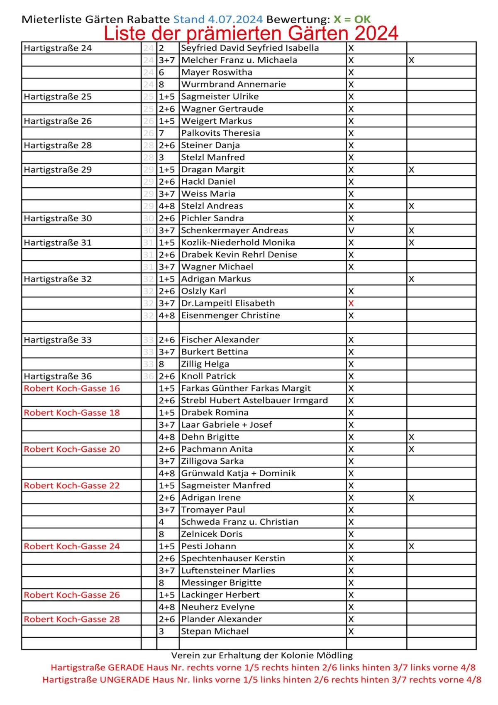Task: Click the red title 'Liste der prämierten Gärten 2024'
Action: (x=251, y=33)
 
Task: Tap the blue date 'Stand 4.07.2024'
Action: (x=218, y=19)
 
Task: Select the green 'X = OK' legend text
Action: (x=352, y=19)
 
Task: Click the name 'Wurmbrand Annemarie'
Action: (x=233, y=84)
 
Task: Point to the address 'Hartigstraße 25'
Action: (x=58, y=96)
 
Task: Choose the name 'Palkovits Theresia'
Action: (x=220, y=133)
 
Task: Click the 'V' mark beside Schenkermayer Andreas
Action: (x=351, y=230)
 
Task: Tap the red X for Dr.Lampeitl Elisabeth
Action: (x=351, y=303)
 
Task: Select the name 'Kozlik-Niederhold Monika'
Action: (x=238, y=242)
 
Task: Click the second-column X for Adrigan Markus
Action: (x=411, y=279)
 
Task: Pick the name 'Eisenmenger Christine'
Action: (x=230, y=315)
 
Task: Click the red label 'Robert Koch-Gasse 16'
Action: (x=72, y=388)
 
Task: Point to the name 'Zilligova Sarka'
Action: (x=212, y=461)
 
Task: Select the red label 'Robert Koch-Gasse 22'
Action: (x=72, y=485)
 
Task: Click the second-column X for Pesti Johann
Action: (x=411, y=546)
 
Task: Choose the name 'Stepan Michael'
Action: (x=215, y=631)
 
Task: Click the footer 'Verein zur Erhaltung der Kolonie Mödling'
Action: (x=262, y=655)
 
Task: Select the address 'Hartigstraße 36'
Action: (x=58, y=376)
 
